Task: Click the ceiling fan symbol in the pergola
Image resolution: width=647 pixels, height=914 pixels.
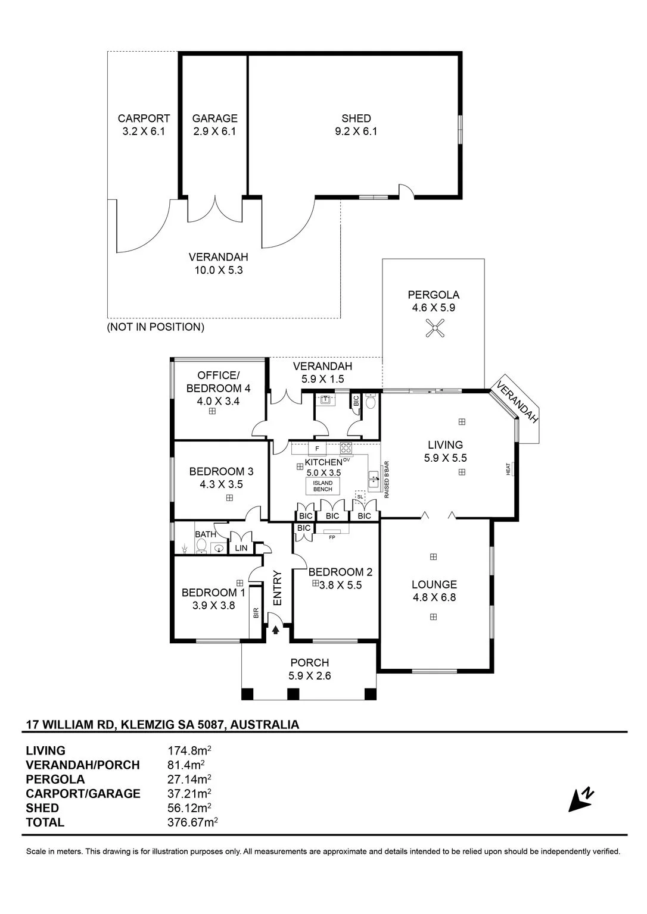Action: pos(434,328)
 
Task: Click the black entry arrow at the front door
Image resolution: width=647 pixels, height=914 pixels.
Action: pos(275,630)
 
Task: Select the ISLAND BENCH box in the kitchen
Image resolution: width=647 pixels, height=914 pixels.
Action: pos(323,486)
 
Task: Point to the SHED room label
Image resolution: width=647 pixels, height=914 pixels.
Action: pos(356,118)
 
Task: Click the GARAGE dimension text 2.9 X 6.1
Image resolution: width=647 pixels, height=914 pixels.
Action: pos(214,132)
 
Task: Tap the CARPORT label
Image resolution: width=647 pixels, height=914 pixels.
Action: pos(144,118)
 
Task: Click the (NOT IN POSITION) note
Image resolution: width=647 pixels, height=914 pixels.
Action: pos(155,327)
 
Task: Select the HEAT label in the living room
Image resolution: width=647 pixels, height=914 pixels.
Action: pos(508,469)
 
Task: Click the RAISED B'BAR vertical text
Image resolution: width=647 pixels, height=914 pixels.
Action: pos(387,480)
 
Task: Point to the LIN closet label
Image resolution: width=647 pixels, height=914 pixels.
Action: pos(241,548)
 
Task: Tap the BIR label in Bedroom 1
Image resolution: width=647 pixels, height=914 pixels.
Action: pos(256,613)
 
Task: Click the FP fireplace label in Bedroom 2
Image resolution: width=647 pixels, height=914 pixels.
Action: pos(332,537)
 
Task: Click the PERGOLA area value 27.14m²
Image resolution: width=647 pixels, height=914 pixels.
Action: pos(189,779)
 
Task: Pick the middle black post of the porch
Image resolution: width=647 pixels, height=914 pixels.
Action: pos(293,694)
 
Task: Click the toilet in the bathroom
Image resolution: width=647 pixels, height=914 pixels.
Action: pos(201,546)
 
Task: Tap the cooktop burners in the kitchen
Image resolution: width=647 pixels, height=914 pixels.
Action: pos(346,447)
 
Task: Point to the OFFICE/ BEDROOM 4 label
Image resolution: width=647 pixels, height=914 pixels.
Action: pos(218,381)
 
